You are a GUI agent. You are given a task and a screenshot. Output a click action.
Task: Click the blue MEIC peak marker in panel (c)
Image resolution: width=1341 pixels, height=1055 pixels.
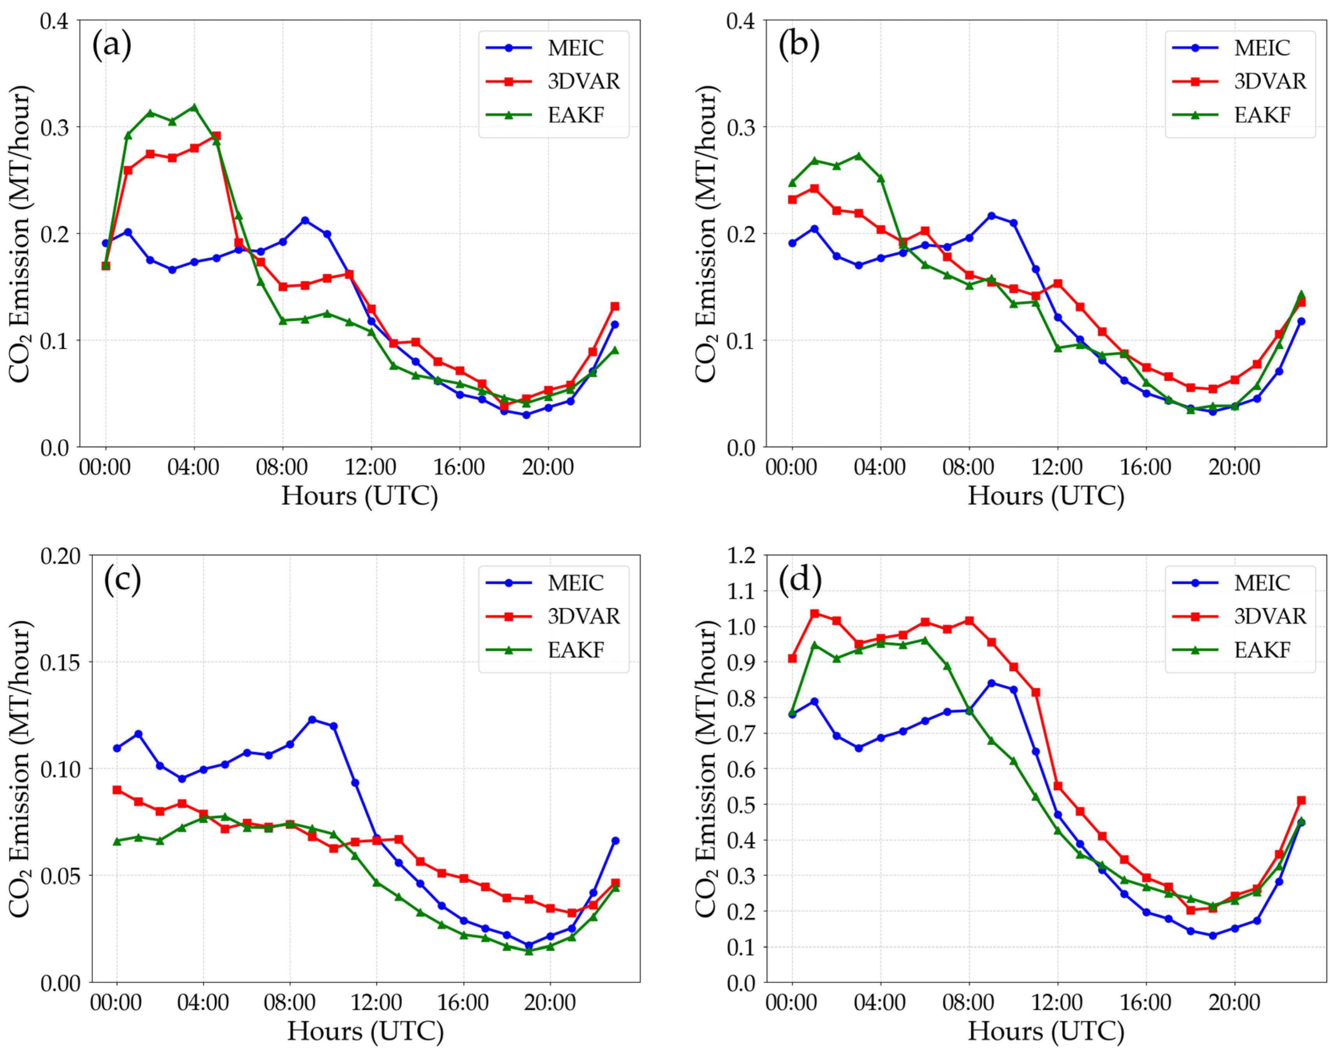click(x=312, y=720)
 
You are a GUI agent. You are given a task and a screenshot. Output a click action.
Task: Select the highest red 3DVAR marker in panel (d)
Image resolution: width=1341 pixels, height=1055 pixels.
click(x=814, y=613)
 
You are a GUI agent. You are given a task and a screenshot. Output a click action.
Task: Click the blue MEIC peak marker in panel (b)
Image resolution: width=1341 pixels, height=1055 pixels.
click(x=991, y=216)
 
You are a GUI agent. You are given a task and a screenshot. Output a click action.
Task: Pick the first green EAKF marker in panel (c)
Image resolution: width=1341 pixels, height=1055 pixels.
click(x=117, y=841)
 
